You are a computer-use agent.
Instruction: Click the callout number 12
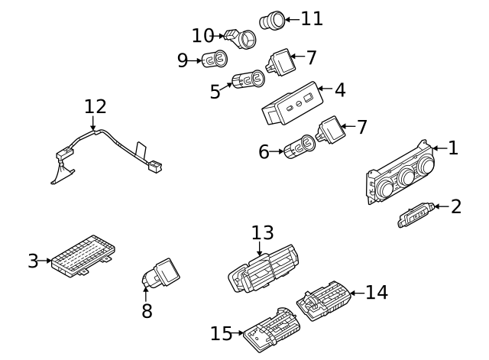(x=96, y=107)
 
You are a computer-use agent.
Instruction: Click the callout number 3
(x=33, y=261)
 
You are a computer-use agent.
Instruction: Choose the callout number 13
(x=262, y=233)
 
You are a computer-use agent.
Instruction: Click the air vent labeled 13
(x=264, y=271)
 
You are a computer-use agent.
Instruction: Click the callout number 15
(x=221, y=334)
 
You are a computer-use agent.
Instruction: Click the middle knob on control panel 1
(x=406, y=179)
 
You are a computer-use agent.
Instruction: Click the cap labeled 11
(x=272, y=21)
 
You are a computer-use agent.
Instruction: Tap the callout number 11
(x=312, y=18)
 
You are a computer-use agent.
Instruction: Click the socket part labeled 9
(x=215, y=59)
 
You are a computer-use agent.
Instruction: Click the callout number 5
(x=215, y=92)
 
